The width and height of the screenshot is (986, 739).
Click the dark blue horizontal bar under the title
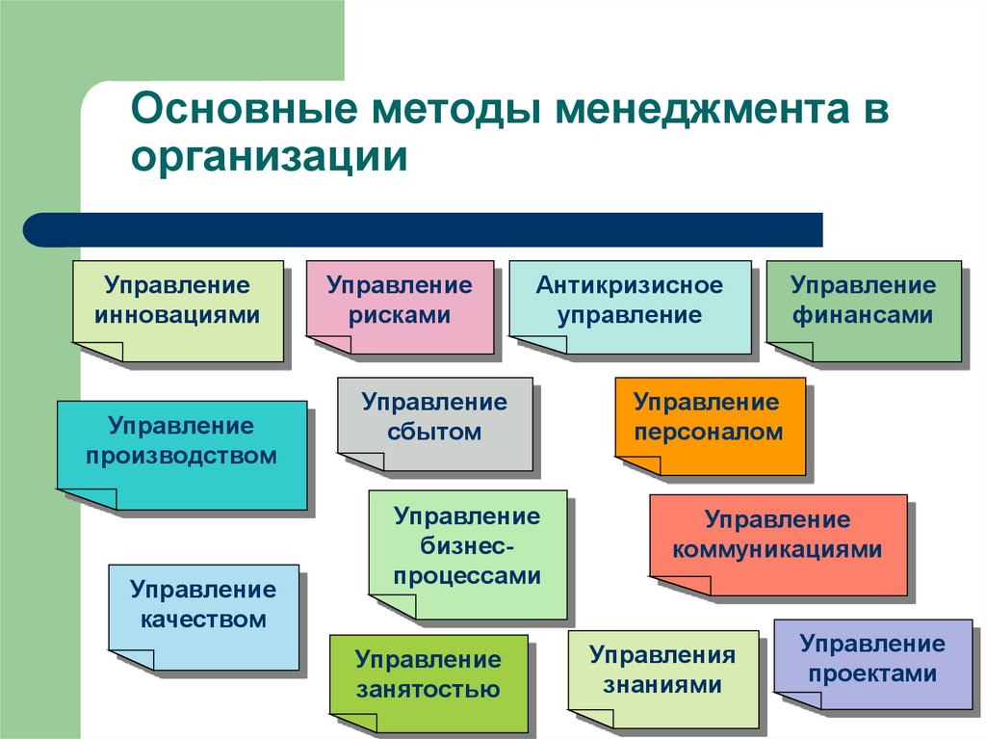(x=423, y=229)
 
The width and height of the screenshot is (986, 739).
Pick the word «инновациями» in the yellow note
(x=177, y=315)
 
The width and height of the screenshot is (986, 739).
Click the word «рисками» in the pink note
(x=400, y=315)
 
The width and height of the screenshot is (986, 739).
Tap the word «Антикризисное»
(x=630, y=285)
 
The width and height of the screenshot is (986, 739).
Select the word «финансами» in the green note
(x=863, y=315)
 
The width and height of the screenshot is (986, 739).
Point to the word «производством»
(x=181, y=456)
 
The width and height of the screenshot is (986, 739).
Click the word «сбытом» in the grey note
(x=434, y=432)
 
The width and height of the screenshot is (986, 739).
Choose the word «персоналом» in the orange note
(x=708, y=432)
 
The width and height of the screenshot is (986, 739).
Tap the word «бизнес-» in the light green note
(x=467, y=545)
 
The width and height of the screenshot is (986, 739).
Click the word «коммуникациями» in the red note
(x=777, y=549)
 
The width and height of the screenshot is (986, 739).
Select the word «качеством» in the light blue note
(x=203, y=620)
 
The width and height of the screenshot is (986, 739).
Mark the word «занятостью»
(x=428, y=689)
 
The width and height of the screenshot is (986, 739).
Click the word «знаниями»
(x=662, y=684)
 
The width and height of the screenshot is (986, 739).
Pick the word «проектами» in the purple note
(x=872, y=673)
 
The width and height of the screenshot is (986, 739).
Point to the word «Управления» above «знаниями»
(x=662, y=655)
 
